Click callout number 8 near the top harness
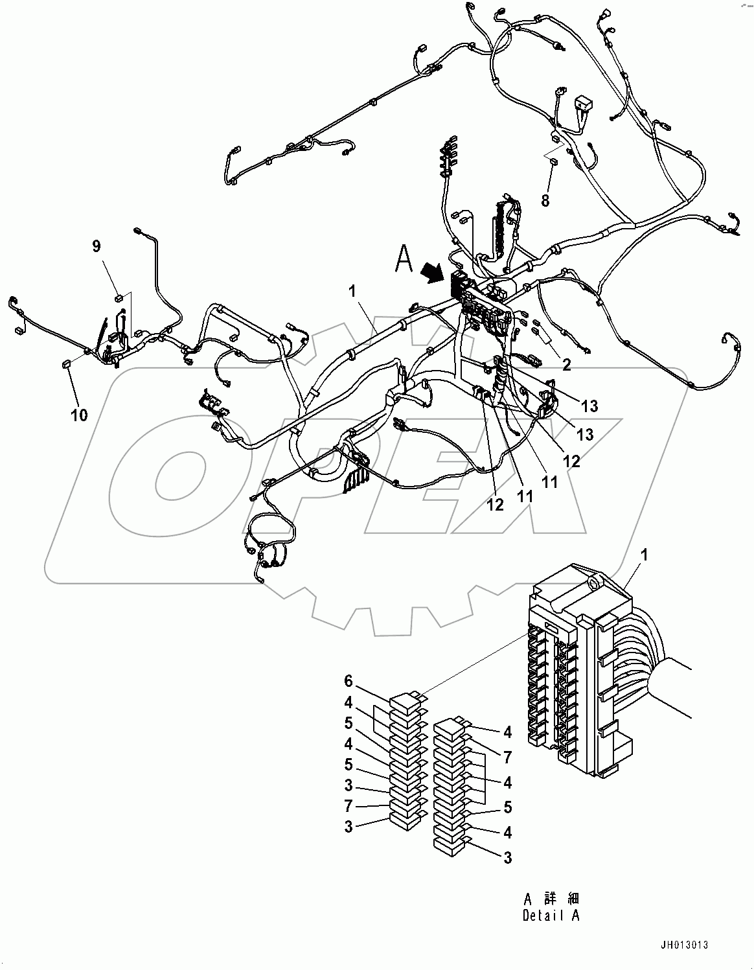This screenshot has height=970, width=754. coord(545,200)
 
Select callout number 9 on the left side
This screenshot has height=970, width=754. coord(97,246)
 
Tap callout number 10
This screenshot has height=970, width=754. coord(79,414)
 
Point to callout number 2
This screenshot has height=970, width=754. coord(566,365)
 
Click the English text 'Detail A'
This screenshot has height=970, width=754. coord(551,916)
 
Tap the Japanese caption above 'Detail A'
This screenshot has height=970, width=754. coord(551,899)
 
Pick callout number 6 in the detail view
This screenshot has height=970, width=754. coord(348,681)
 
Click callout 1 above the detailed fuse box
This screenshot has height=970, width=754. coord(644,555)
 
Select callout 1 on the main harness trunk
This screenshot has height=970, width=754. coord(352,292)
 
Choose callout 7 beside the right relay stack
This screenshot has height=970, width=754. coord(508,756)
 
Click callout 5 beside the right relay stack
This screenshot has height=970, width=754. coord(508,807)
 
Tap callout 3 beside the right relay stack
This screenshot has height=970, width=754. coord(508,857)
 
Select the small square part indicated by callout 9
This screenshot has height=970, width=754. coord(119,297)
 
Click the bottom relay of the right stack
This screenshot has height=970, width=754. coord(448,844)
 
